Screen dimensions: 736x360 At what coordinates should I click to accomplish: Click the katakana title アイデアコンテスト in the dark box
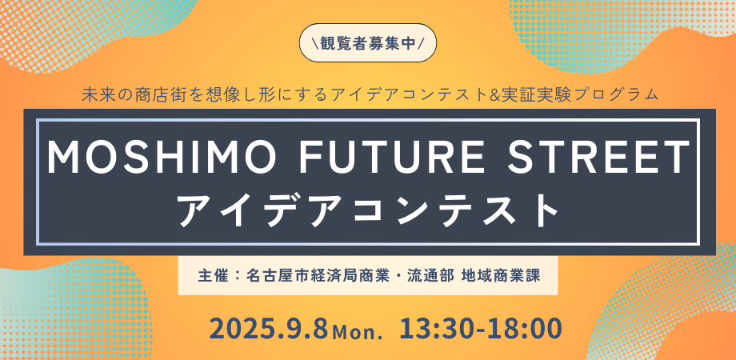point(369,210)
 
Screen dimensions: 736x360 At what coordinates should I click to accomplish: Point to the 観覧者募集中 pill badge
point(368,42)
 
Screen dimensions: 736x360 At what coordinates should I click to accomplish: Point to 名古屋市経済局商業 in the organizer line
point(318,275)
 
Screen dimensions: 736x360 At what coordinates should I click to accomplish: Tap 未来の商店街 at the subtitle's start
point(126,94)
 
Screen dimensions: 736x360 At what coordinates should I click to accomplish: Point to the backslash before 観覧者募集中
point(314,43)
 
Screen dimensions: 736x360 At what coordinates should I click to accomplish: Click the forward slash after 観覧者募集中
point(422,43)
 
